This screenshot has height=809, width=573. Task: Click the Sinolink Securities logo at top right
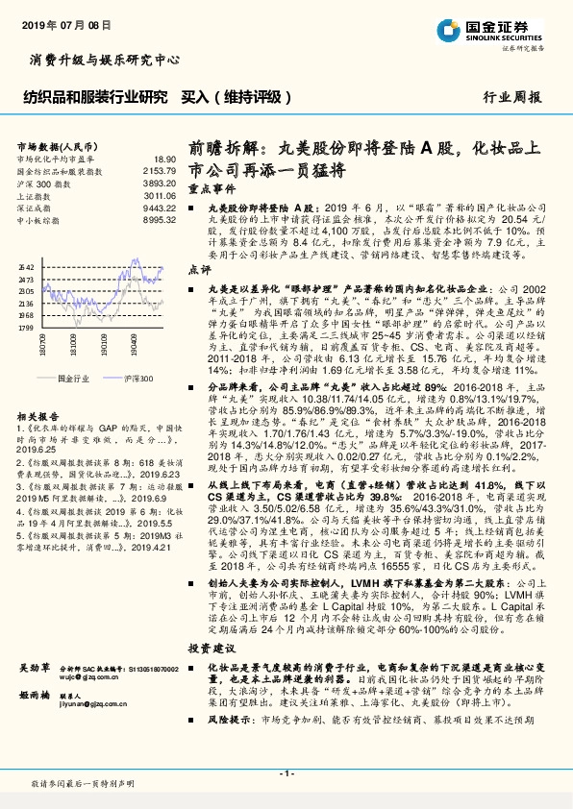(509, 27)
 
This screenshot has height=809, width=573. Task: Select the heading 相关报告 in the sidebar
(36, 416)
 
